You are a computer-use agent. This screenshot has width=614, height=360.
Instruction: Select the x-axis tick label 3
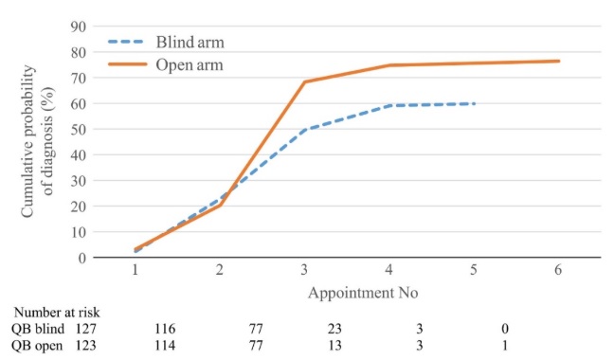(x=304, y=271)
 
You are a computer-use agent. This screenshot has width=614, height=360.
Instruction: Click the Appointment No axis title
(x=362, y=293)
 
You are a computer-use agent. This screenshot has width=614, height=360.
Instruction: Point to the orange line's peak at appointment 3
(x=304, y=81)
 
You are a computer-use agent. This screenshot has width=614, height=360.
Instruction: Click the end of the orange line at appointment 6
(x=558, y=61)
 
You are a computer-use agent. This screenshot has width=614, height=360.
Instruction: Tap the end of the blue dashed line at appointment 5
(x=474, y=103)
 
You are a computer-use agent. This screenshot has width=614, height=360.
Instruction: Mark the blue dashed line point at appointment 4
(x=389, y=105)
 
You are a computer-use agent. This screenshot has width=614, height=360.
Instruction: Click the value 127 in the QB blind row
(x=87, y=329)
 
